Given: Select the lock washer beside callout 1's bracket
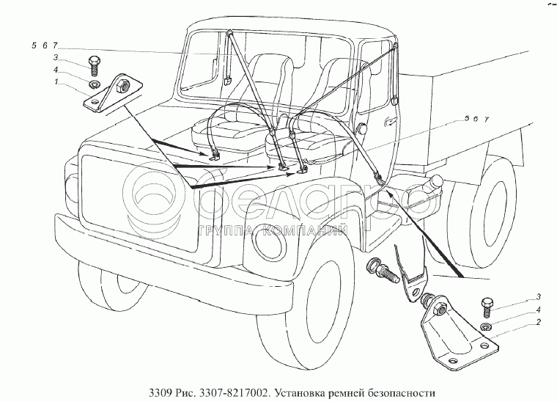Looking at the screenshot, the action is tap(92, 83).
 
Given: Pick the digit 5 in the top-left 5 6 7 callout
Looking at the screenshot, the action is tap(34, 45).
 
